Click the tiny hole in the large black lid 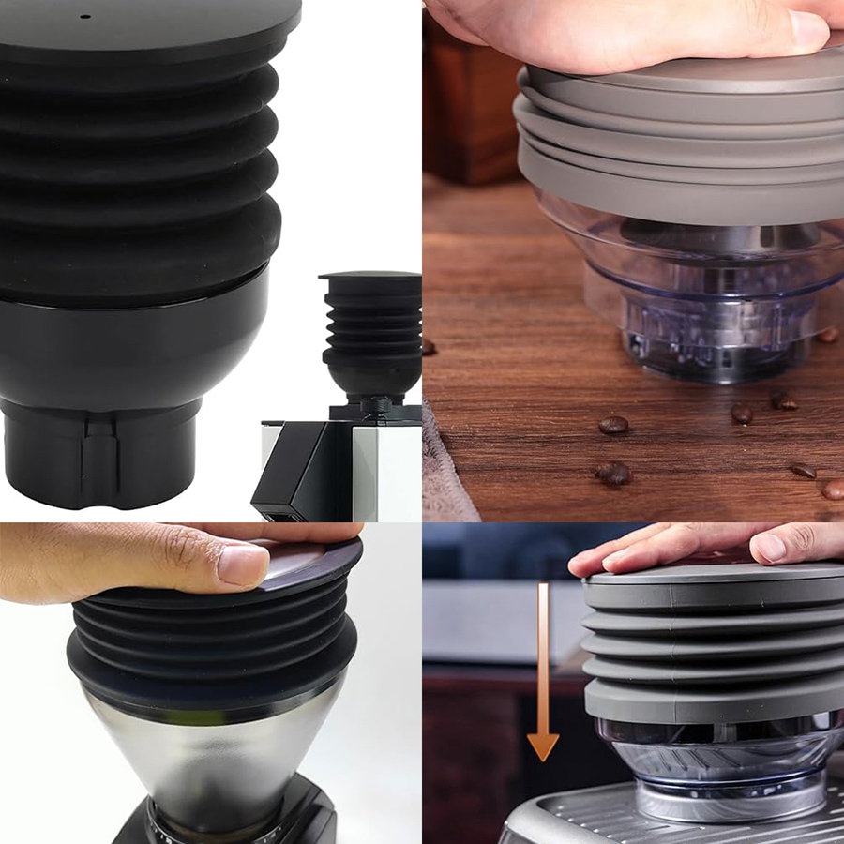click(x=83, y=16)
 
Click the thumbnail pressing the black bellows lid click(x=243, y=565)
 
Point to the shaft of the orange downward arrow click(x=543, y=656)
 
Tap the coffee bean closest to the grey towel click(x=612, y=475)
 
